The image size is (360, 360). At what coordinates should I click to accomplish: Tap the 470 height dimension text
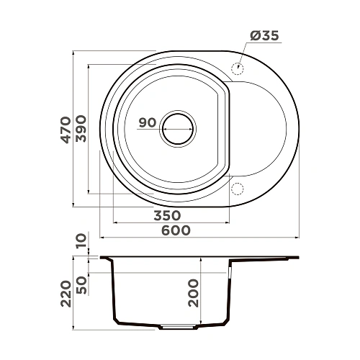pos(66,130)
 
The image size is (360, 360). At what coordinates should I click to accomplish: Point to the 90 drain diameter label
pos(148,122)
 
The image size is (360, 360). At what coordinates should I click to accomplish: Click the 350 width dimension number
pos(166,215)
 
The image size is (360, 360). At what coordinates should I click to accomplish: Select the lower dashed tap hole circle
pos(236,189)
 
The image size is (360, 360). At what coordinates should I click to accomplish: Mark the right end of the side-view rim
pos(297,258)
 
